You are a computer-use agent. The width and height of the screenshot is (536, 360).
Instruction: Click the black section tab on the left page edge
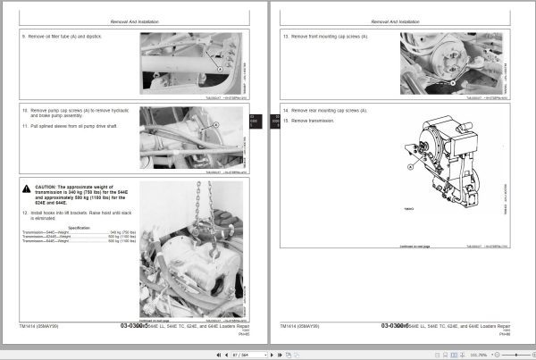pos(252,120)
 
